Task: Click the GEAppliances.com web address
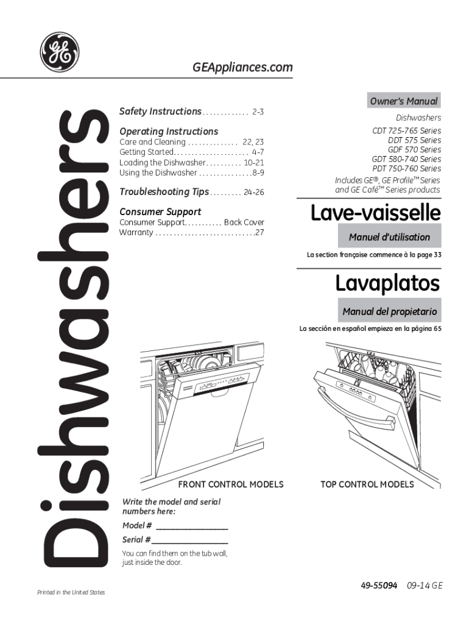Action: pyautogui.click(x=242, y=68)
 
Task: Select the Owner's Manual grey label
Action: pyautogui.click(x=404, y=101)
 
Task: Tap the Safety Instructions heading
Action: pyautogui.click(x=160, y=112)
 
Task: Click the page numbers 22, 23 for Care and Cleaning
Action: pyautogui.click(x=253, y=142)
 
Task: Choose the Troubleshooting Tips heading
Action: pyautogui.click(x=164, y=192)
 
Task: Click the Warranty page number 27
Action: pyautogui.click(x=259, y=233)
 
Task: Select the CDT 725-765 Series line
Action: pyautogui.click(x=407, y=131)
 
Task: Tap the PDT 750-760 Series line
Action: pyautogui.click(x=406, y=169)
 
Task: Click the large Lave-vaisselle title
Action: pyautogui.click(x=375, y=213)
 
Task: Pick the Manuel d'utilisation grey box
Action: pyautogui.click(x=390, y=237)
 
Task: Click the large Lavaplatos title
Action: pyautogui.click(x=387, y=283)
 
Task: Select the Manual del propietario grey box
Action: pyautogui.click(x=390, y=311)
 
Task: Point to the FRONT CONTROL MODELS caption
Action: pyautogui.click(x=230, y=484)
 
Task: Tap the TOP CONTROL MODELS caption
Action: pyautogui.click(x=367, y=484)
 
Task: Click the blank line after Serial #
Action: pyautogui.click(x=190, y=541)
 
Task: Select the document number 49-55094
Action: pyautogui.click(x=379, y=585)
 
